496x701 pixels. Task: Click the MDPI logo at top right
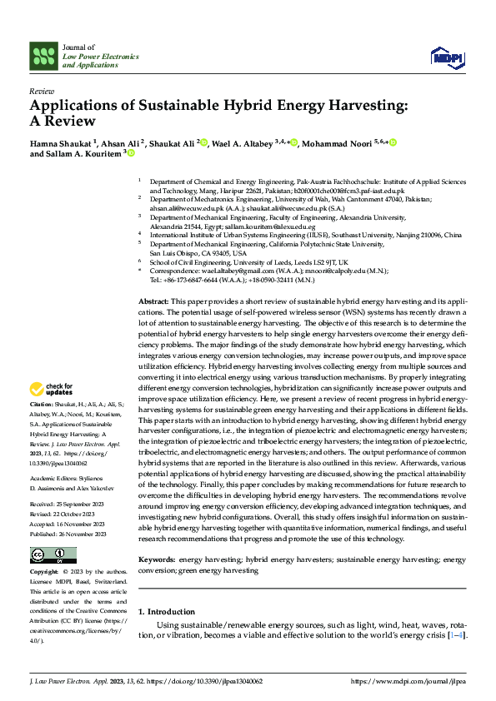click(x=447, y=57)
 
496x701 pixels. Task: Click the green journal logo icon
click(x=43, y=57)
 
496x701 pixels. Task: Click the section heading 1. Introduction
click(x=167, y=612)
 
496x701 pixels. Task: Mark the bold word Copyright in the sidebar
click(x=44, y=573)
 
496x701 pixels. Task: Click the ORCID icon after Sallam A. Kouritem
click(x=130, y=153)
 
